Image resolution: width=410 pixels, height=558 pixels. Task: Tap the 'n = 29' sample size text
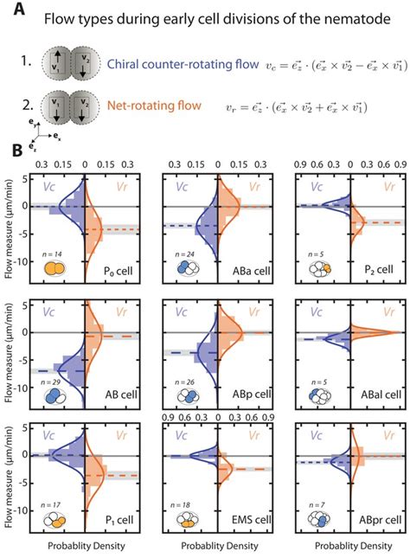(x=56, y=382)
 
